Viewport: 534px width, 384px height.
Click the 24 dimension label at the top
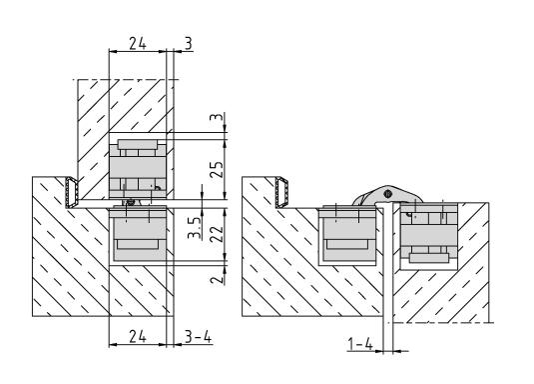[138, 43]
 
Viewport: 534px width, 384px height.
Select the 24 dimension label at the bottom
[138, 336]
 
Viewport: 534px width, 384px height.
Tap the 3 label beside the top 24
[189, 43]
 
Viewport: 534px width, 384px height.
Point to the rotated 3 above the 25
[217, 117]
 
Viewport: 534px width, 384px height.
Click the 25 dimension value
[217, 169]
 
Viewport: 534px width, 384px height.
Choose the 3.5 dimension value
[195, 227]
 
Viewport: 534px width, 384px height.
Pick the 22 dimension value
[217, 234]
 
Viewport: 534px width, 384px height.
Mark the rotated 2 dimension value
[217, 279]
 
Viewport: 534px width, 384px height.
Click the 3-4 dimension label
[198, 336]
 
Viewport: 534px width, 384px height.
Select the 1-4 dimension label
[360, 344]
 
